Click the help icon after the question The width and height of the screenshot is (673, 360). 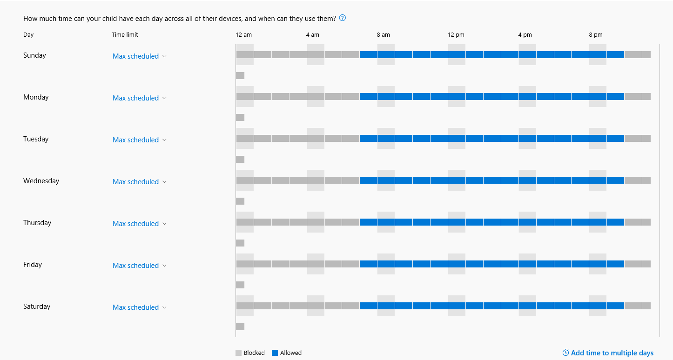coord(343,18)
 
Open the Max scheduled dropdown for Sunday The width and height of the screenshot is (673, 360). coord(139,56)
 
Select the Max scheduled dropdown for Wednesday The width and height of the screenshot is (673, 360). coord(139,182)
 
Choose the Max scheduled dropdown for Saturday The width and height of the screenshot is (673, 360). coord(139,307)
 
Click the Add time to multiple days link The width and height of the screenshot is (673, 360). coord(608,353)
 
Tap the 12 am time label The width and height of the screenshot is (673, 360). coord(243,35)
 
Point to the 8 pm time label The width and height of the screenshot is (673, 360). coord(595,35)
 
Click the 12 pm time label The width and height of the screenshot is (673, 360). coord(456,35)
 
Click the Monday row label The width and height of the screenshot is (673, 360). coord(36,97)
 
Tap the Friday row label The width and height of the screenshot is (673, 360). coord(33,265)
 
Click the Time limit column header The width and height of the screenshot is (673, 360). coord(125,35)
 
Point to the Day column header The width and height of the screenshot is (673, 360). coord(28,35)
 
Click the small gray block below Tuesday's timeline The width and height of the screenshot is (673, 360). coord(240,160)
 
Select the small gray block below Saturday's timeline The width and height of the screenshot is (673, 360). coord(240,327)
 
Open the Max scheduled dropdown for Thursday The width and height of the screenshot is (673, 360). coord(139,224)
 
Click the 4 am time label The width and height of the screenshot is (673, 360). coord(312,35)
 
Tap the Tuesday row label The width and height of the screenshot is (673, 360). coord(36,139)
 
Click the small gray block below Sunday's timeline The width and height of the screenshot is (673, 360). coord(240,76)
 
